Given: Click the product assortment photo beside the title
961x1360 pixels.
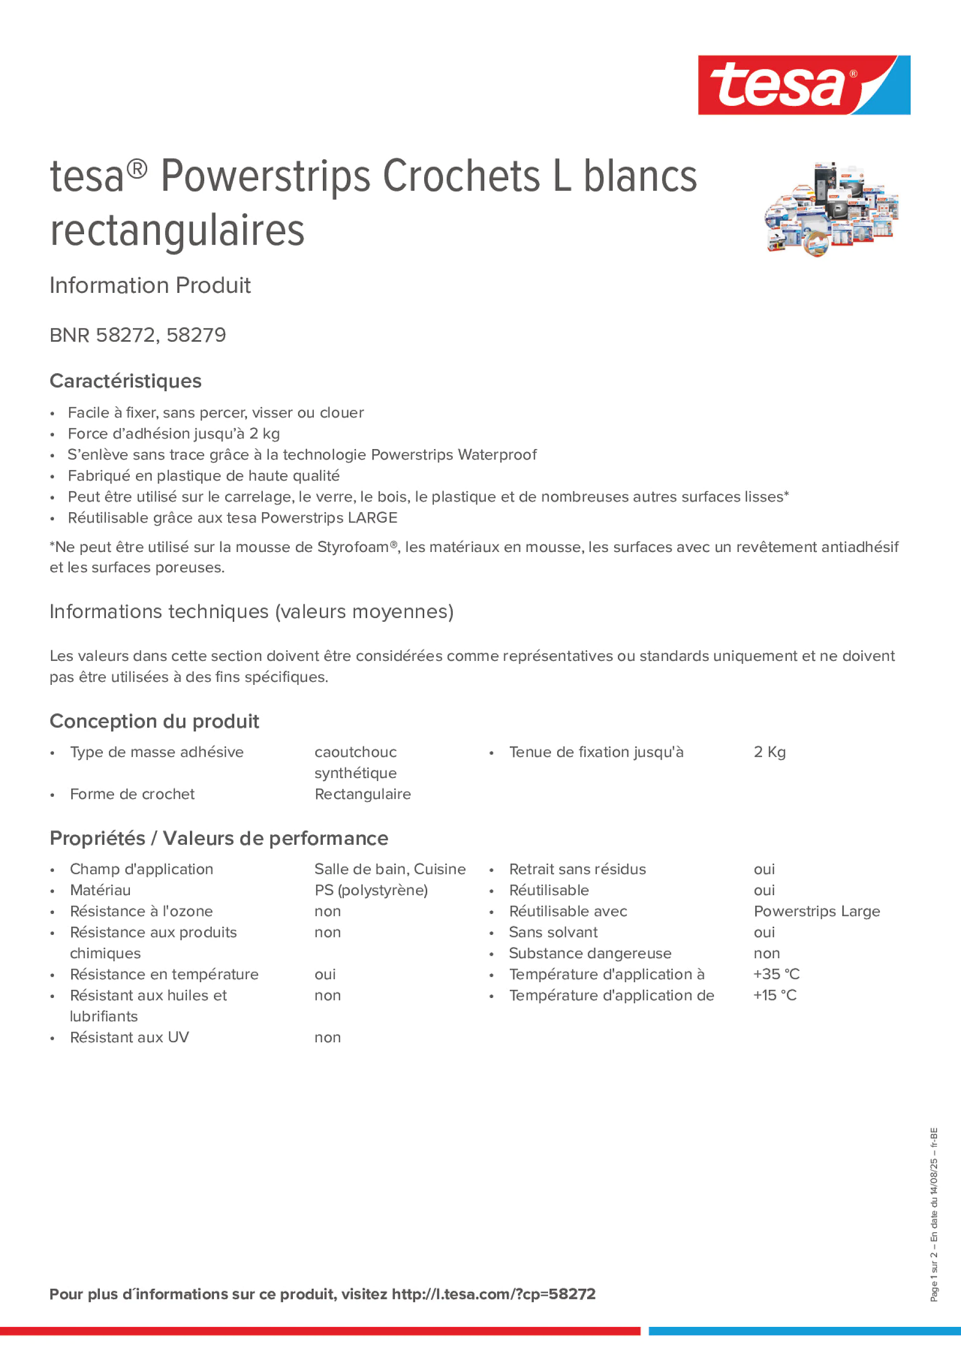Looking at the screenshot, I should tap(831, 209).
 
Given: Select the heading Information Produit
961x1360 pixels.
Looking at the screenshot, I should tap(150, 286).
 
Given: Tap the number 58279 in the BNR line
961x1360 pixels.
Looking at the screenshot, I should tap(196, 335).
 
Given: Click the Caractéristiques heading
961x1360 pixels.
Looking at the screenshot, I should tap(126, 381).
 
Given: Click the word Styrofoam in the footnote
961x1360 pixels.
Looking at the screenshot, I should tap(353, 547).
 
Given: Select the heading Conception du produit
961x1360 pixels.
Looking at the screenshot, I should tap(154, 721).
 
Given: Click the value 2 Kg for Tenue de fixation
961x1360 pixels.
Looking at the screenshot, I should tap(769, 752).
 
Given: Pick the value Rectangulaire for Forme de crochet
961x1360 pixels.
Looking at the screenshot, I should tap(363, 794).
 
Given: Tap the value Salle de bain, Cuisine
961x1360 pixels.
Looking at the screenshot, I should tap(390, 869).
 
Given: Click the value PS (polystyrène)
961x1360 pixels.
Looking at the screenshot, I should tap(371, 890).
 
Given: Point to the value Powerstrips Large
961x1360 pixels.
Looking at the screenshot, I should tap(816, 911).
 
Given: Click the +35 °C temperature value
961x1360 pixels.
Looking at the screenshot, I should tap(776, 974).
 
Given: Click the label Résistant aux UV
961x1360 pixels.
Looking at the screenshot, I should tap(129, 1037).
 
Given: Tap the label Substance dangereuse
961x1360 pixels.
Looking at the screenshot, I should tap(590, 953).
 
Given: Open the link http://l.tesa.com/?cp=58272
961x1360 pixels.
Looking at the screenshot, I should tap(493, 1294).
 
